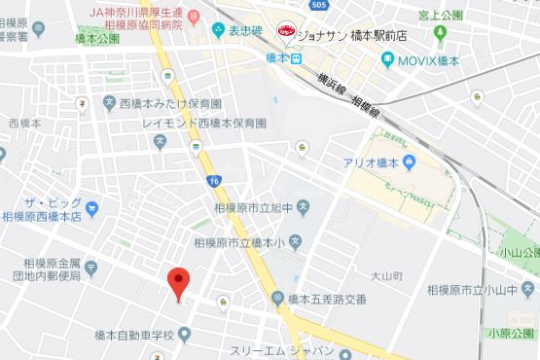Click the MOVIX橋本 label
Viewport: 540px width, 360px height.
[427, 60]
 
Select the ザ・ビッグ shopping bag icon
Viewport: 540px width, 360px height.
[92, 206]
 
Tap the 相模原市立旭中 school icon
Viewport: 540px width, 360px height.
[303, 206]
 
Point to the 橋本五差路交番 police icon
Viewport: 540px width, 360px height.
[277, 299]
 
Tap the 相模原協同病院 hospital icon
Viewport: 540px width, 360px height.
[193, 16]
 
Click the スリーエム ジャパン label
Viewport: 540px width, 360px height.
[282, 349]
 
